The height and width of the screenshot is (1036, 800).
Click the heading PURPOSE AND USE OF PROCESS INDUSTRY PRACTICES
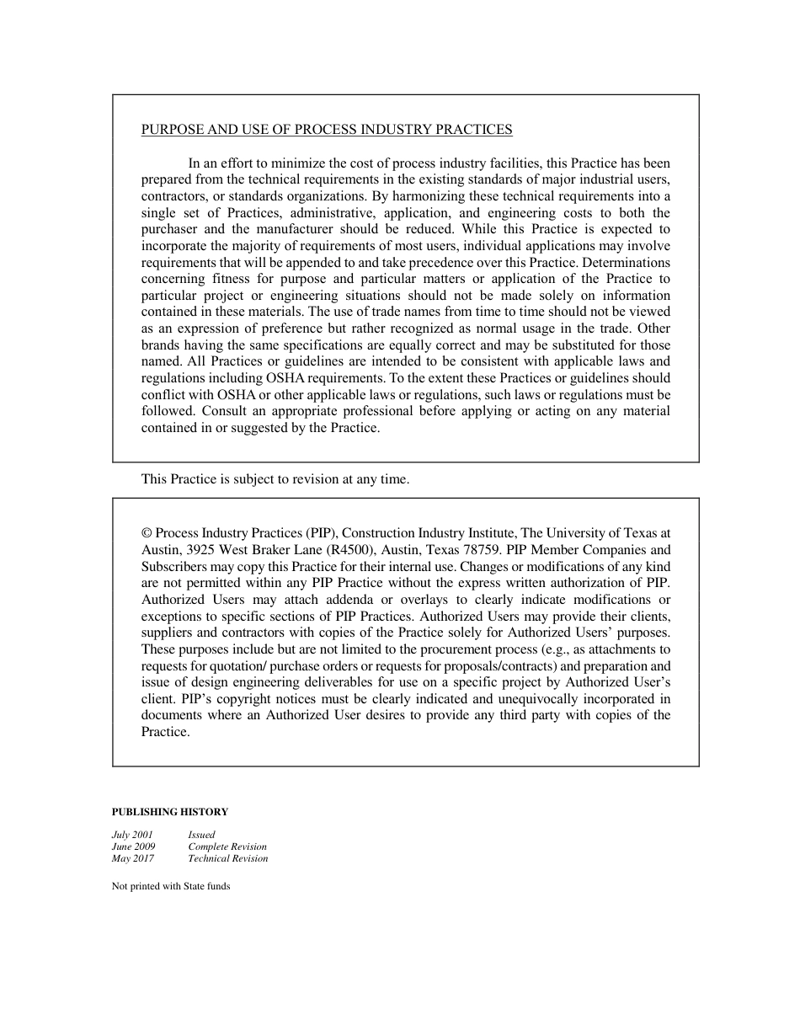point(326,130)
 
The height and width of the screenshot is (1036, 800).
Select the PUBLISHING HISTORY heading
point(169,812)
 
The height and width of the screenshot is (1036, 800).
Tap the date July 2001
point(132,835)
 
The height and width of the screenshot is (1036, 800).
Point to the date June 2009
point(133,846)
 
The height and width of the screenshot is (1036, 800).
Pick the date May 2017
point(132,858)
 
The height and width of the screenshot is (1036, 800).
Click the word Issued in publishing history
point(201,835)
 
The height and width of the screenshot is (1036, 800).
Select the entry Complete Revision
point(227,846)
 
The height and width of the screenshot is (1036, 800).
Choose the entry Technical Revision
point(227,858)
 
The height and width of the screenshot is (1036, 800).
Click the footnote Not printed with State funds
point(170,886)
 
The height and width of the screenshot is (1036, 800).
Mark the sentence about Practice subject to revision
point(275,479)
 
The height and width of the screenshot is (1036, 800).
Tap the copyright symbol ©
point(147,533)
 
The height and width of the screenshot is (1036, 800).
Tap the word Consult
point(225,411)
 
